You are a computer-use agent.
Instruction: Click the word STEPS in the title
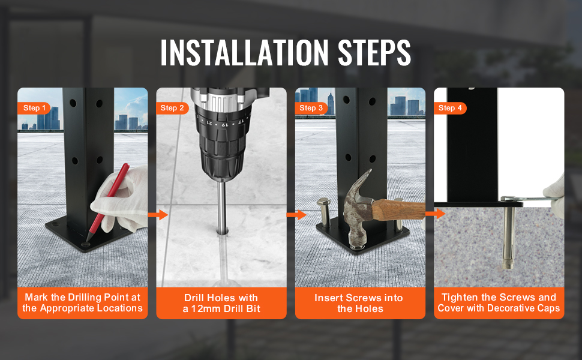[373, 53]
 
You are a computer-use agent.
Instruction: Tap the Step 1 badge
[34, 108]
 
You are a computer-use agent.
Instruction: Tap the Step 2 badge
[173, 108]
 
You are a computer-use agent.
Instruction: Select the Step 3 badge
[311, 108]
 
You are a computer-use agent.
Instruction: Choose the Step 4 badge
[450, 108]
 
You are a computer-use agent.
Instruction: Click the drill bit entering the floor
[222, 207]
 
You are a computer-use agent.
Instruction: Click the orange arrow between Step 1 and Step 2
[158, 214]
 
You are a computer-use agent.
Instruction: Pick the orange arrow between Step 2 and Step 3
[296, 214]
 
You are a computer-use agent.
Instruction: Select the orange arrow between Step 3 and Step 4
[435, 213]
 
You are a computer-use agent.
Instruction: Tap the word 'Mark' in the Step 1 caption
[37, 298]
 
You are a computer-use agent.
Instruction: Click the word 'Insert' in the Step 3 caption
[330, 298]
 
